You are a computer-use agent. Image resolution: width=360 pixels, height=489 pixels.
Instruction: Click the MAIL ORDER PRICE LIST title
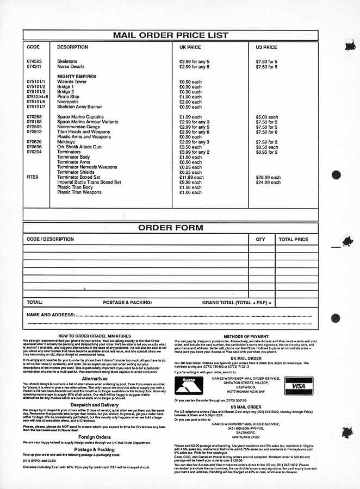(170, 35)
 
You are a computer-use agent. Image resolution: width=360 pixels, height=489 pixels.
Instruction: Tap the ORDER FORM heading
(170, 228)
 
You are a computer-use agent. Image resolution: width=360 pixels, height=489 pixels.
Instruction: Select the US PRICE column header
(266, 47)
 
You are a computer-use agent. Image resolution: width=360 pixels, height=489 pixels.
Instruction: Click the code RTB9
(32, 177)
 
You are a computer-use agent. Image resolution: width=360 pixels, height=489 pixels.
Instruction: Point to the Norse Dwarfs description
(71, 67)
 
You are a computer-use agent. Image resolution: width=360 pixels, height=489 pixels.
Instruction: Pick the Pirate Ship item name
(68, 97)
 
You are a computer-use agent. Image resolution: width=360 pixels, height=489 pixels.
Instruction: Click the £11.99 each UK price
(191, 177)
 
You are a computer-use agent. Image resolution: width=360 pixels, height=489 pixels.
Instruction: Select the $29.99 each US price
(268, 177)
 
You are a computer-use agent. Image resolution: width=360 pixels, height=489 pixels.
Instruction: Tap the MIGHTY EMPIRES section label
(76, 77)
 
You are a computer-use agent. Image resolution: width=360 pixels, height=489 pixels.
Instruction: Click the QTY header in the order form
(260, 239)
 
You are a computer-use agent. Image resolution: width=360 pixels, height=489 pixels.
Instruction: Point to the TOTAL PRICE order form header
(293, 239)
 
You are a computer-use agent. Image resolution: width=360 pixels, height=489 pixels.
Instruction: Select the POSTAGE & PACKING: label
(127, 302)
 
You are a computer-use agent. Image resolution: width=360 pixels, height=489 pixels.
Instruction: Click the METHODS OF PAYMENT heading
(246, 337)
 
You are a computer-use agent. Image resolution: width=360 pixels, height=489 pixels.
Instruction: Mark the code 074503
(34, 62)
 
